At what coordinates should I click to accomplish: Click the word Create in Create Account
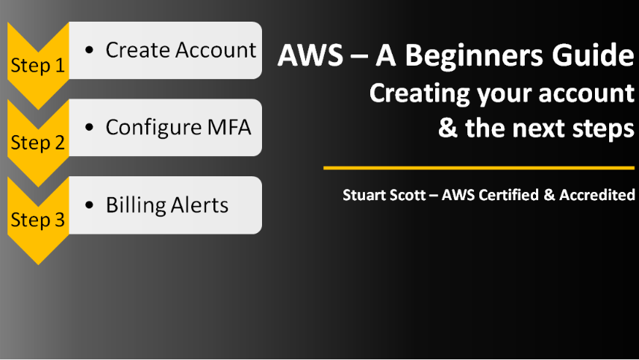(x=138, y=50)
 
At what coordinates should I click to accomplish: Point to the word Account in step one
(x=216, y=50)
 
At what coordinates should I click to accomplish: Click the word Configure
(x=152, y=128)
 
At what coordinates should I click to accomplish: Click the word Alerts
(x=198, y=205)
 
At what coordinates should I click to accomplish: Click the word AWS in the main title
(x=304, y=56)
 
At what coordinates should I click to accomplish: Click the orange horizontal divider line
(x=479, y=168)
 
